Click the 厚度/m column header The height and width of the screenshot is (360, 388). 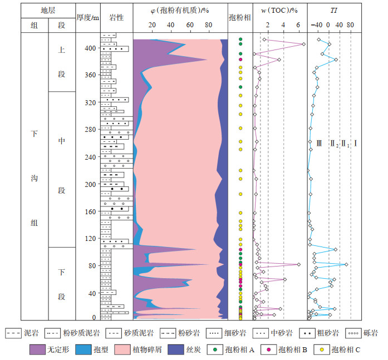point(88,17)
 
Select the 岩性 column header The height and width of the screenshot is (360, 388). point(116,17)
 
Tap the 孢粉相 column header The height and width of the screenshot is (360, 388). point(240,17)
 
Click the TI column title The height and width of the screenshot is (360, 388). point(333,10)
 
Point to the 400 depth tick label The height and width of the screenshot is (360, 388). point(90,48)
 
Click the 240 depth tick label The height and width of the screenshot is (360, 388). point(90,157)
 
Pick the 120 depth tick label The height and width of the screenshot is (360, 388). point(90,239)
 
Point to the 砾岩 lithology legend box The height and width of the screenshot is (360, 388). point(355,333)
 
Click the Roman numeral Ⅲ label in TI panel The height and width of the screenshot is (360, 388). point(319,143)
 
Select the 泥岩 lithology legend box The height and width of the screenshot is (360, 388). point(13,333)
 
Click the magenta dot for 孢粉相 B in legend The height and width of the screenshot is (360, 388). point(269,350)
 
